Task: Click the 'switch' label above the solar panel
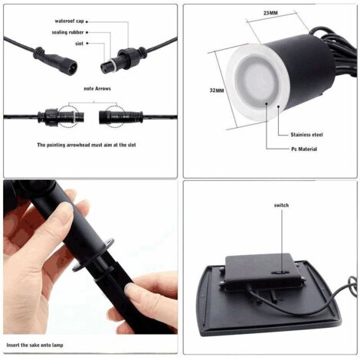point(281,206)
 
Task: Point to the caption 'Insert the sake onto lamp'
point(43,346)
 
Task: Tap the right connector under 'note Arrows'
point(115,116)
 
